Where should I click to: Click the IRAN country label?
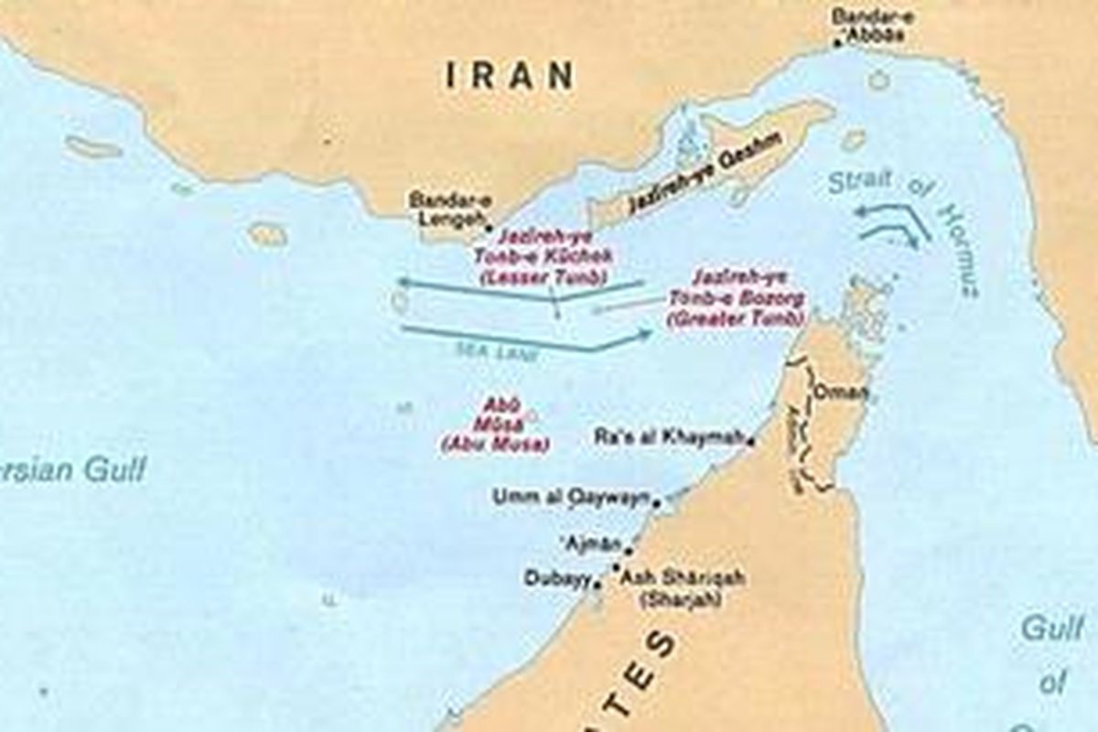(x=510, y=75)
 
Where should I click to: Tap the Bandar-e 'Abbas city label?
(x=868, y=26)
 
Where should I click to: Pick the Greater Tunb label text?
(x=737, y=297)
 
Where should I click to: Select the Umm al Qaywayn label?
(x=571, y=497)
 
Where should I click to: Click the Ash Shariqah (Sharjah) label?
(x=682, y=588)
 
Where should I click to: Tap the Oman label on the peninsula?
(x=839, y=393)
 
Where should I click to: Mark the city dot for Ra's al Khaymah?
(x=751, y=442)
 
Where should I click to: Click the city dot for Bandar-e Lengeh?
(x=489, y=227)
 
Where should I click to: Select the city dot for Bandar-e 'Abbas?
(x=838, y=41)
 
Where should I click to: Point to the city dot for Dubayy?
(x=597, y=582)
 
